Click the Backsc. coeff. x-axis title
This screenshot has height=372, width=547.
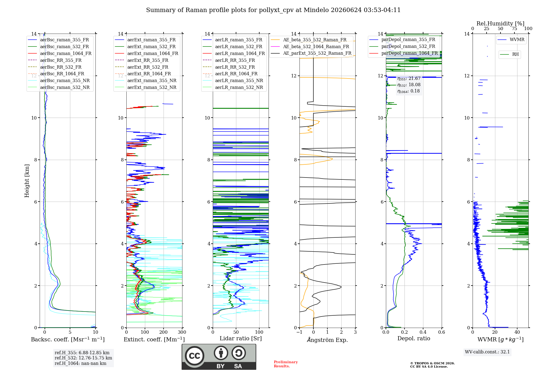tap(68, 339)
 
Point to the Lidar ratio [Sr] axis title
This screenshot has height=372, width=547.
tap(241, 338)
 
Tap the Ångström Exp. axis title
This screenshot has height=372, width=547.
tap(327, 340)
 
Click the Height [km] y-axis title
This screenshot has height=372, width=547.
tap(27, 181)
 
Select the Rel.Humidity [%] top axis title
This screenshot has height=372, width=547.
tap(501, 24)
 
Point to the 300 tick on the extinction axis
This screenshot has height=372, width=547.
tap(182, 332)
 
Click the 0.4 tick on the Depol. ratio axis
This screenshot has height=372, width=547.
tap(423, 332)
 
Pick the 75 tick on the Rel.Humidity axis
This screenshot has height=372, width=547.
tap(514, 28)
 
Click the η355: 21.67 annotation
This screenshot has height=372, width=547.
tap(409, 79)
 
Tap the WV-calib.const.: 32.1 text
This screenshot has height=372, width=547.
tap(487, 352)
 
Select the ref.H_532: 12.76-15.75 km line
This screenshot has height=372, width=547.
tap(83, 358)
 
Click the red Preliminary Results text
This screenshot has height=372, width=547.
tap(286, 364)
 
